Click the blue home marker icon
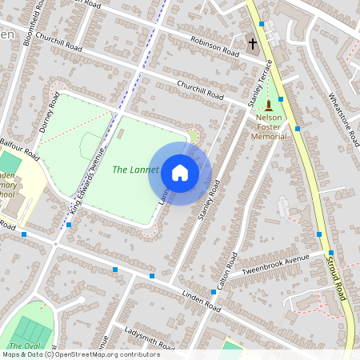click(180, 173)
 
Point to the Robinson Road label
click(214, 47)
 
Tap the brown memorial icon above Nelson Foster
click(270, 105)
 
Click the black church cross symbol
click(253, 44)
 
